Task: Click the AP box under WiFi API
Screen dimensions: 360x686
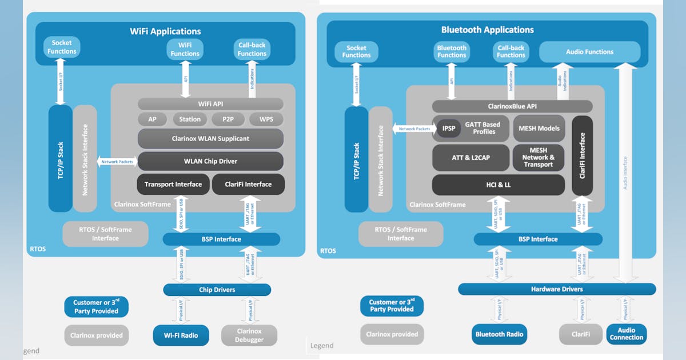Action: click(x=153, y=119)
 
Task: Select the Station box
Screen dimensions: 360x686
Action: click(x=190, y=119)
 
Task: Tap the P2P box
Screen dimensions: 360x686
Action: click(x=228, y=119)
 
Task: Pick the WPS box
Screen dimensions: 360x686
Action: click(x=266, y=119)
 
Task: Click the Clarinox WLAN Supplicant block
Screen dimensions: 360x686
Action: click(x=210, y=139)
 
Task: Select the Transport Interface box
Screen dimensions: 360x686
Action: click(x=173, y=184)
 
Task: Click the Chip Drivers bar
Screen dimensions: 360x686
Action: click(x=217, y=290)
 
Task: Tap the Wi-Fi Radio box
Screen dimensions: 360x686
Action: click(x=181, y=335)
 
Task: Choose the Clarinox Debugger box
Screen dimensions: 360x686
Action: click(x=249, y=335)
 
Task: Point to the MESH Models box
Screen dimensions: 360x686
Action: click(x=539, y=129)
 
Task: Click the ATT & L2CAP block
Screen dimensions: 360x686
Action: click(x=470, y=157)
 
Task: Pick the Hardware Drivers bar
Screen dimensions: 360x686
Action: click(x=557, y=289)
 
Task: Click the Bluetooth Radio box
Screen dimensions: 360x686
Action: click(x=498, y=334)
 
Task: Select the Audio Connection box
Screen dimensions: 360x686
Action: click(x=626, y=334)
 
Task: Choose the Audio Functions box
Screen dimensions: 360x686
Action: click(x=589, y=52)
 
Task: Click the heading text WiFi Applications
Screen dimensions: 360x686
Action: click(x=166, y=31)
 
